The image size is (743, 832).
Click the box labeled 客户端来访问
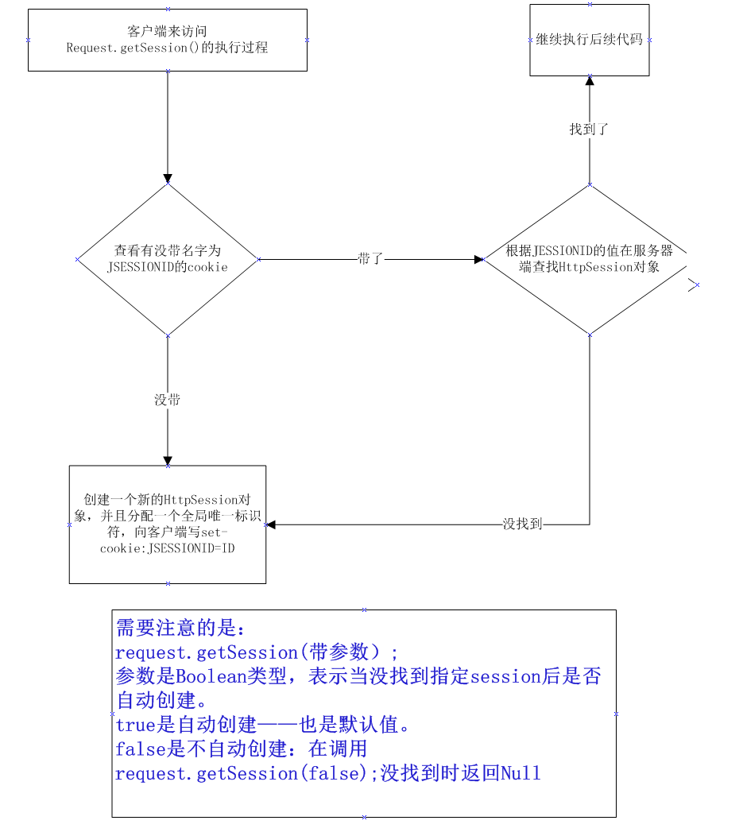point(167,40)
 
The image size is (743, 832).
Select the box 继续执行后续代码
point(589,40)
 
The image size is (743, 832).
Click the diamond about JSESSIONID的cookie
point(167,258)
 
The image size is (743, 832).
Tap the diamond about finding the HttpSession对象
point(589,259)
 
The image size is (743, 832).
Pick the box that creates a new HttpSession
point(167,524)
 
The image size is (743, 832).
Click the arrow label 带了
point(370,259)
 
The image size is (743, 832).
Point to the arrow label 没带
point(167,400)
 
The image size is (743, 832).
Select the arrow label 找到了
point(589,129)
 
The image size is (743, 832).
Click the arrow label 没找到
point(522,524)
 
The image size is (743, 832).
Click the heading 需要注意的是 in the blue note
point(182,629)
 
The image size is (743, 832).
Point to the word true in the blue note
point(132,726)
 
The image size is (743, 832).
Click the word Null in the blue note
point(520,773)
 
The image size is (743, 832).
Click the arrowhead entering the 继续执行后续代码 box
point(589,80)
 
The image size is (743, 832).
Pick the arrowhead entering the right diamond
point(479,259)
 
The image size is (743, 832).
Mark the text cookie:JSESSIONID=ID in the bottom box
point(168,548)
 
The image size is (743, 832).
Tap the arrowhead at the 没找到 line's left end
point(271,524)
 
